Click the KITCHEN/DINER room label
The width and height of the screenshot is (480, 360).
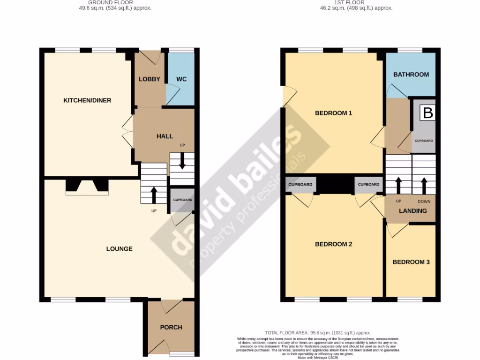click(87, 100)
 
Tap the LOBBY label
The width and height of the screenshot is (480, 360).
click(150, 79)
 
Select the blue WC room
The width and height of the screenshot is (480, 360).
click(181, 79)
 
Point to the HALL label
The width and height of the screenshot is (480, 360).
click(165, 136)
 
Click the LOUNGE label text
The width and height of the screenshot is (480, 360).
click(119, 249)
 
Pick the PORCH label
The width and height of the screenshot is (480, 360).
click(171, 327)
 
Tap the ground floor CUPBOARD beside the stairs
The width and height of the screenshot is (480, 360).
click(182, 200)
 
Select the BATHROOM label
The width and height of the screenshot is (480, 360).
click(411, 75)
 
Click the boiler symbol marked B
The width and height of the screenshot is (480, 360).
click(427, 113)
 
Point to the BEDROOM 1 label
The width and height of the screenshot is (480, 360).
click(333, 113)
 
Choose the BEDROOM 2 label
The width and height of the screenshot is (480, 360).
click(333, 244)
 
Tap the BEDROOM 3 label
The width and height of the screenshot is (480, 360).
click(411, 262)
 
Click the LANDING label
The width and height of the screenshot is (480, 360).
click(412, 211)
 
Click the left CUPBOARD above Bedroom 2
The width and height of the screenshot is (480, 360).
click(300, 185)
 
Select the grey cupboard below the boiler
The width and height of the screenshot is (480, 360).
click(424, 141)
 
